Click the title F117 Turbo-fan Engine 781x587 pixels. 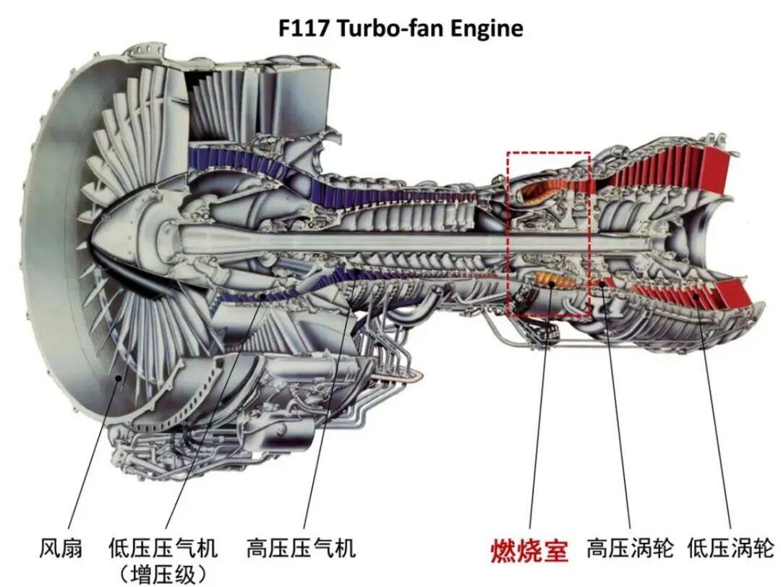tap(400, 29)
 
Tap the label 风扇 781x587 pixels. tap(60, 547)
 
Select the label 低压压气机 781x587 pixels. tap(163, 547)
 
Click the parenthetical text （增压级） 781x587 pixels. tap(163, 574)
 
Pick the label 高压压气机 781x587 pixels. tap(301, 547)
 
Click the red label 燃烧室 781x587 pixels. tap(529, 550)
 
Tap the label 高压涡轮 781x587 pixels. tap(630, 547)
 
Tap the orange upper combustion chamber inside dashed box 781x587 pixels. tap(539, 189)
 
